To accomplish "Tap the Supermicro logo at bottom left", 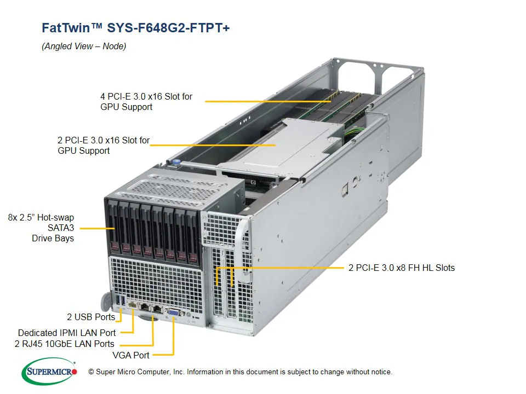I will tap(49, 372).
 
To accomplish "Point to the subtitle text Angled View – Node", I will tap(84, 47).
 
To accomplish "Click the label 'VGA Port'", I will tap(131, 355).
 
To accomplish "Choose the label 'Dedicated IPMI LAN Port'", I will tap(67, 333).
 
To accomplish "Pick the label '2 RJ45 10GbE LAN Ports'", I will tap(65, 344).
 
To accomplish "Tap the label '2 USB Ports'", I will tap(91, 317).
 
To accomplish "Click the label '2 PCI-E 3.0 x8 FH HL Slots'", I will tap(402, 268).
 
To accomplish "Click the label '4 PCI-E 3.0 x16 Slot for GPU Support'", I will tap(146, 102).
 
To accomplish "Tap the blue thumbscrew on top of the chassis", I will tap(176, 161).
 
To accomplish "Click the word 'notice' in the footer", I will tap(380, 372).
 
